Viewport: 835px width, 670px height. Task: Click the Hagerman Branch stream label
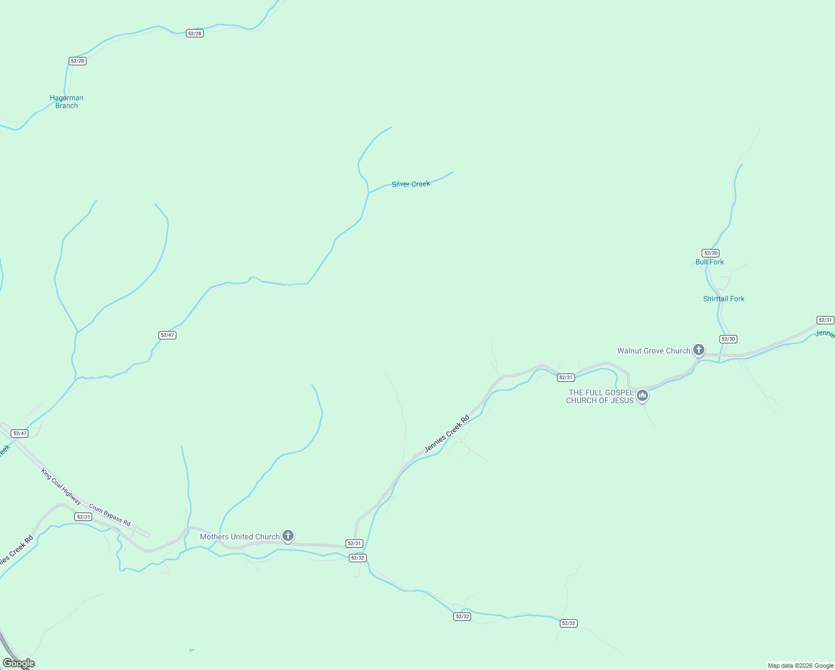click(x=66, y=102)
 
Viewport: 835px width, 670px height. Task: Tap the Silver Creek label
click(x=411, y=184)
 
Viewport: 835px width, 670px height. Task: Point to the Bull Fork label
click(x=709, y=262)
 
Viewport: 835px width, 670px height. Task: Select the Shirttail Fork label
click(x=723, y=299)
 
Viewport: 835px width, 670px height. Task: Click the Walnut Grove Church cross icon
click(x=698, y=350)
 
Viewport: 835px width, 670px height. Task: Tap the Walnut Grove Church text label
click(x=654, y=351)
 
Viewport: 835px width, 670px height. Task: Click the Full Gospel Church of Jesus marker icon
click(x=642, y=396)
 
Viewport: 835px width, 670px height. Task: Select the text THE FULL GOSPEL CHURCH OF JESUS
click(x=600, y=396)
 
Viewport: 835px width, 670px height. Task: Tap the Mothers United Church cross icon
click(x=288, y=536)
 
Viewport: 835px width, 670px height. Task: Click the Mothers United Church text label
click(x=239, y=537)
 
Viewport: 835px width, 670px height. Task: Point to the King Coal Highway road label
click(x=61, y=487)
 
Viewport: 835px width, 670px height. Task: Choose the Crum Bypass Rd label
click(x=110, y=515)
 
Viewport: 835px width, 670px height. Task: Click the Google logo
click(x=18, y=663)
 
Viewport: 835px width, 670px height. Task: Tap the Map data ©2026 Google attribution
click(x=800, y=666)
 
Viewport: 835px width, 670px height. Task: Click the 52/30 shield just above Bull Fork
click(x=711, y=253)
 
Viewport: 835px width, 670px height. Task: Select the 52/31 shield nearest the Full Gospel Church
click(x=565, y=378)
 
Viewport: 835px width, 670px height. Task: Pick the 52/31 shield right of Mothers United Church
click(x=354, y=543)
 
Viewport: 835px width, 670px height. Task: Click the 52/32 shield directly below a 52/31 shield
click(x=357, y=558)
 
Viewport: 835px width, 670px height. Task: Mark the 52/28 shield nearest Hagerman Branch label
click(x=78, y=61)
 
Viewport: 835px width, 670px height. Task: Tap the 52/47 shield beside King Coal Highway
click(x=20, y=433)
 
